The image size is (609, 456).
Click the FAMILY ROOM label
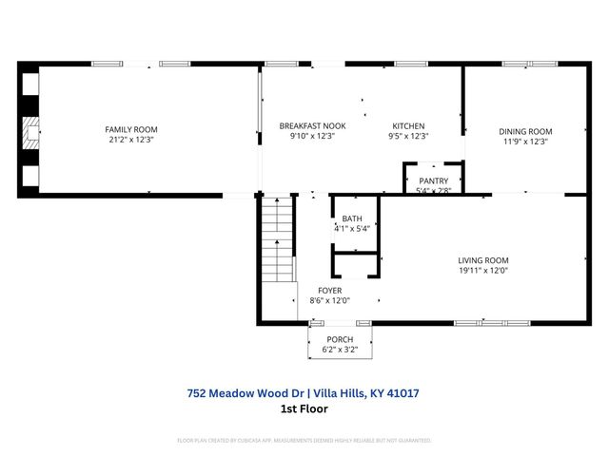[131, 129]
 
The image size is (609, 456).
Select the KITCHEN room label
[409, 125]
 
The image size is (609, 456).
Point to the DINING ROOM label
[525, 131]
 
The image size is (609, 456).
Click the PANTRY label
[433, 180]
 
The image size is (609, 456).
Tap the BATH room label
[352, 218]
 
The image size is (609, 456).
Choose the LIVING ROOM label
[483, 260]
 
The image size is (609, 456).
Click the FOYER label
[330, 291]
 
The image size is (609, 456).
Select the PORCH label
[340, 339]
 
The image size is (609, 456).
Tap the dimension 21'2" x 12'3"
[131, 140]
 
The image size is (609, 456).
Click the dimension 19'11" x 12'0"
[483, 271]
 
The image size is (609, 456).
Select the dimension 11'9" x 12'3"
[525, 142]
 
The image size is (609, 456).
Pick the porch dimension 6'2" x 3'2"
[340, 350]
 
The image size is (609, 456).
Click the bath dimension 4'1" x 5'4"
[352, 229]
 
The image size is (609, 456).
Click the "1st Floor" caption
[304, 408]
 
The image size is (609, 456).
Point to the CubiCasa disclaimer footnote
[304, 441]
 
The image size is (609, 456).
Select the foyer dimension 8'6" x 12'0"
[330, 301]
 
